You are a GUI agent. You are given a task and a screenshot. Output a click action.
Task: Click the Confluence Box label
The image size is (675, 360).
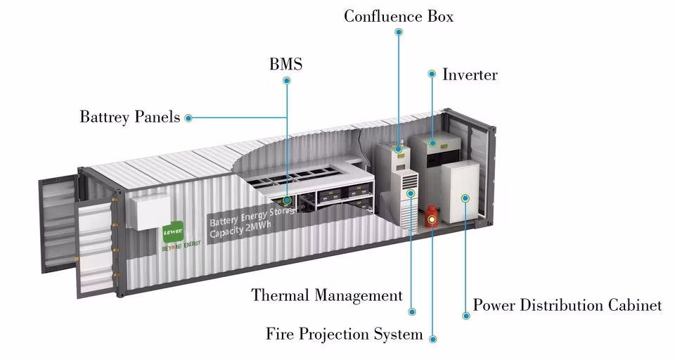(398, 15)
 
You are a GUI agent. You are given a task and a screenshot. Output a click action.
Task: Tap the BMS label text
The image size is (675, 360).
(285, 65)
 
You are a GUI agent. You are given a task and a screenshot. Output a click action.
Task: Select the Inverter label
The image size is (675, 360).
(470, 75)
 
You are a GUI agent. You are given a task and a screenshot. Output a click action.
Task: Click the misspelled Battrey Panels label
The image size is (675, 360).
(129, 117)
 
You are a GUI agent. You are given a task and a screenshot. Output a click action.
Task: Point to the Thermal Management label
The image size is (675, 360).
(327, 295)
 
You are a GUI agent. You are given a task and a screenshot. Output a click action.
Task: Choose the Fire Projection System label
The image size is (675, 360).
(344, 333)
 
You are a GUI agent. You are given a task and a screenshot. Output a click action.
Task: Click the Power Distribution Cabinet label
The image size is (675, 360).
(567, 305)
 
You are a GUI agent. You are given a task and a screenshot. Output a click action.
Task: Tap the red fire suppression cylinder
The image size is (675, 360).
(432, 217)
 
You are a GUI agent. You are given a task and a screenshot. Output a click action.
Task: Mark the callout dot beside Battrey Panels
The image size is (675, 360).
(188, 118)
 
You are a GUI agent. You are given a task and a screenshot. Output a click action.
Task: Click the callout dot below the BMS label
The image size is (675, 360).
(287, 81)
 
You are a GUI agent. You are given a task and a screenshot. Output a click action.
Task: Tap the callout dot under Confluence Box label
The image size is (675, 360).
(399, 32)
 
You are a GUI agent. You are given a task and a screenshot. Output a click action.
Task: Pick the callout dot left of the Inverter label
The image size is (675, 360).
(432, 73)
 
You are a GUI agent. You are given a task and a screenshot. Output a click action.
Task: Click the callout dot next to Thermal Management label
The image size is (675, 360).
(413, 311)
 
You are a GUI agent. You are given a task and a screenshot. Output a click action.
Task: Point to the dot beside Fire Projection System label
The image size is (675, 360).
(432, 338)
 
